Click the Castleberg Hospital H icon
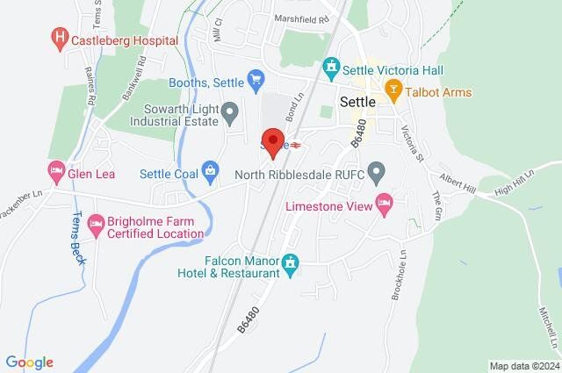(x=60, y=38)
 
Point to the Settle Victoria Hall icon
(x=331, y=67)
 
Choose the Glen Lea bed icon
(x=56, y=169)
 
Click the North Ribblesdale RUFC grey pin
(x=377, y=171)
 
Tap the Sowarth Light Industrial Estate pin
(x=230, y=111)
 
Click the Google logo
(x=29, y=362)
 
